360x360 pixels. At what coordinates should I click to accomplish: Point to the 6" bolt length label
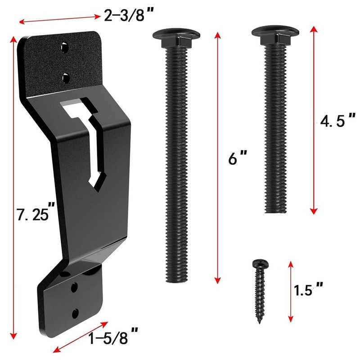(x=238, y=158)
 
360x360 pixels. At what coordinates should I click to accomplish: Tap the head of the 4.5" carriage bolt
(x=275, y=32)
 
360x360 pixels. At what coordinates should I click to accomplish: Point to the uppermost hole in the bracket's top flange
(x=66, y=47)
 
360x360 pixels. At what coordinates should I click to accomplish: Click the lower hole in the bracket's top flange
(x=66, y=78)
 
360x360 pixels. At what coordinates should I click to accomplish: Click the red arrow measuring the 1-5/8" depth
(x=81, y=337)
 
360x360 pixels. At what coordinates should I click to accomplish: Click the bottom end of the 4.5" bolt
(x=275, y=211)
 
